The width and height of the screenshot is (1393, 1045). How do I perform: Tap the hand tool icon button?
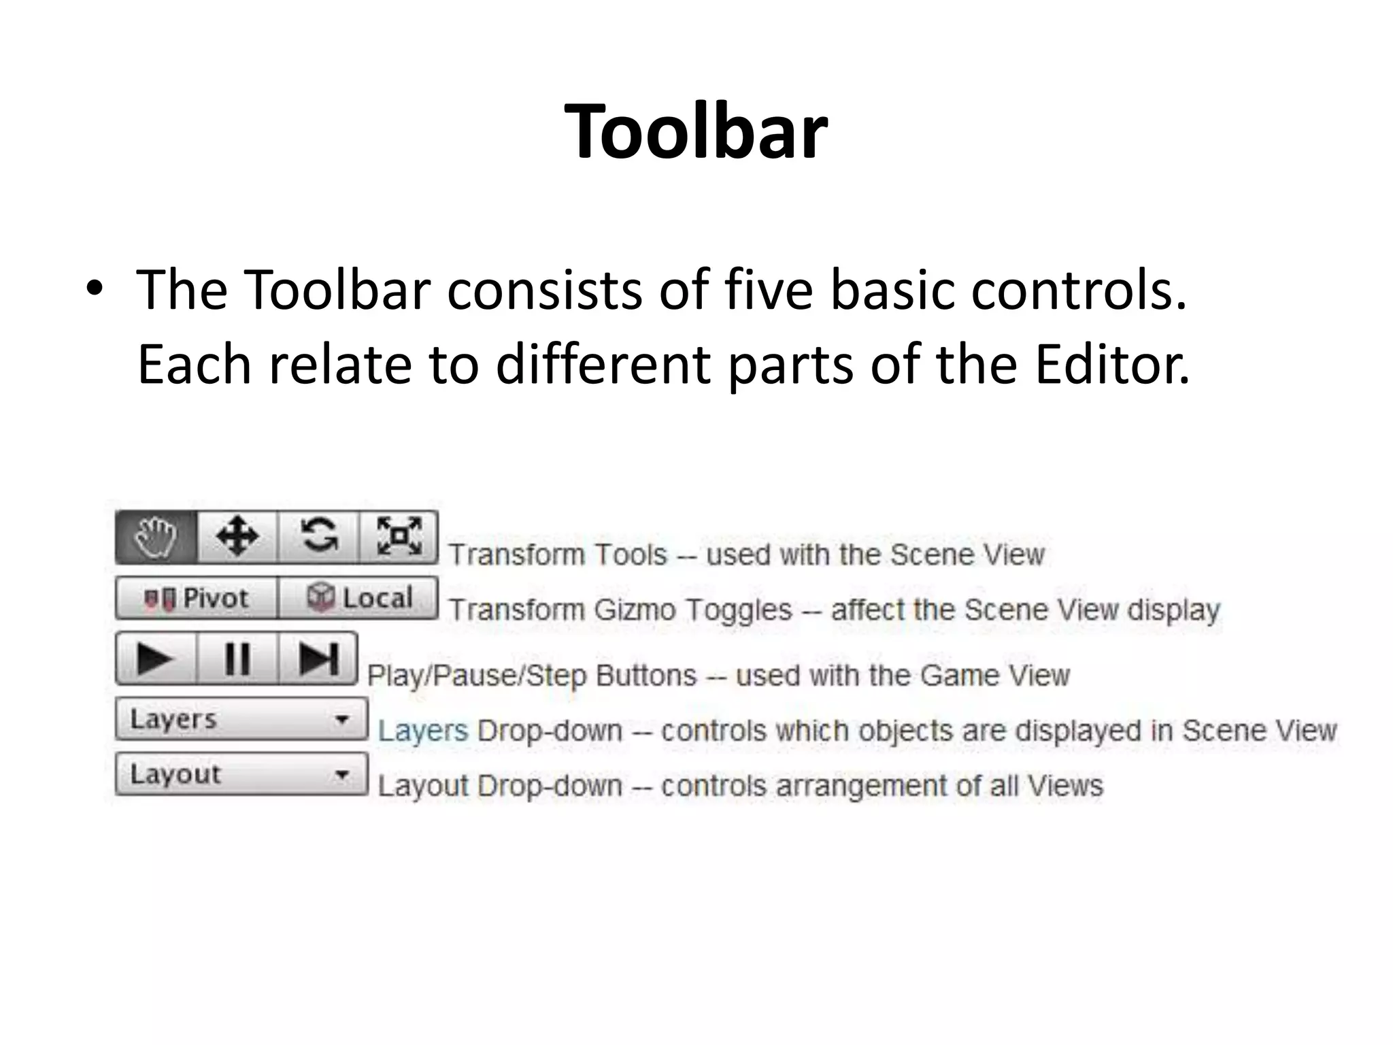pyautogui.click(x=156, y=537)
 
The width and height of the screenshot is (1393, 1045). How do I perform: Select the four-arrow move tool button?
pyautogui.click(x=237, y=537)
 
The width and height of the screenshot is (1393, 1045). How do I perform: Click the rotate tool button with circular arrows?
pyautogui.click(x=318, y=537)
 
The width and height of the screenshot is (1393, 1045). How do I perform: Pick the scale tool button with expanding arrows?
pyautogui.click(x=399, y=537)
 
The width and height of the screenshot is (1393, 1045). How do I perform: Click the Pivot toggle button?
pyautogui.click(x=197, y=598)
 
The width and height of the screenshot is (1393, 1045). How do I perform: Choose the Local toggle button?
pyautogui.click(x=358, y=598)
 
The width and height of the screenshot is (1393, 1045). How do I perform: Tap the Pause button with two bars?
pyautogui.click(x=237, y=659)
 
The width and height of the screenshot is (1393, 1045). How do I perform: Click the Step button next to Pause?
pyautogui.click(x=318, y=659)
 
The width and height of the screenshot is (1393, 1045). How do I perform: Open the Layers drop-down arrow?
pyautogui.click(x=342, y=719)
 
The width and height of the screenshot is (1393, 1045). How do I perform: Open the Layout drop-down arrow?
pyautogui.click(x=342, y=774)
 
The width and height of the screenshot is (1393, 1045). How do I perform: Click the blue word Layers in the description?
pyautogui.click(x=423, y=731)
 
